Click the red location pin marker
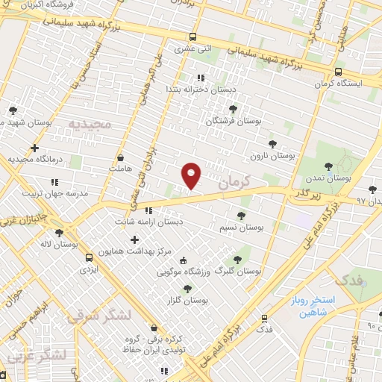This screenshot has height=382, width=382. (x=192, y=175)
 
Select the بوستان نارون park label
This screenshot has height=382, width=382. (x=273, y=157)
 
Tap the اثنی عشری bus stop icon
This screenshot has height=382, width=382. (x=193, y=37)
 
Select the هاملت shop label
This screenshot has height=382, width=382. (x=121, y=169)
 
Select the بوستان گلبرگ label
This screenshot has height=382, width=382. (x=237, y=272)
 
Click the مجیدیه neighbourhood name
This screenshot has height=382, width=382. (x=89, y=123)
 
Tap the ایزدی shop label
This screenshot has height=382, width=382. (x=88, y=266)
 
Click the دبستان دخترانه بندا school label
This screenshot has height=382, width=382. (x=199, y=89)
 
